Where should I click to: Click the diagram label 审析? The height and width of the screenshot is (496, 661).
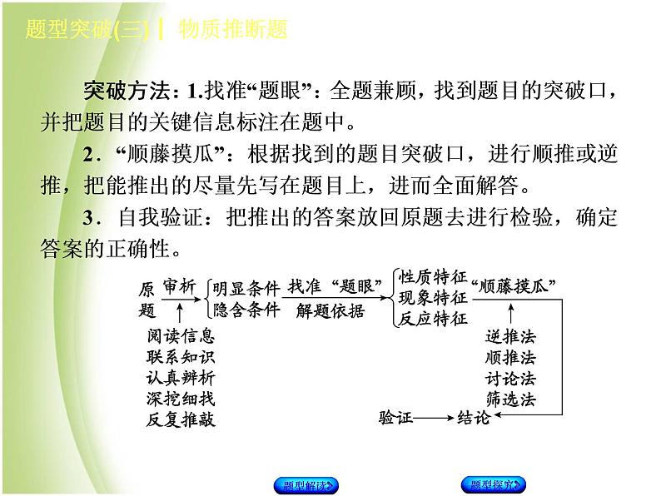click(180, 287)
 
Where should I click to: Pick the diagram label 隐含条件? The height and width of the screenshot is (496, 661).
click(246, 310)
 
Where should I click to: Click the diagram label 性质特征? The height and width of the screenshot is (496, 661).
click(433, 278)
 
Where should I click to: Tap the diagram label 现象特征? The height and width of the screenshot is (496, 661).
click(433, 298)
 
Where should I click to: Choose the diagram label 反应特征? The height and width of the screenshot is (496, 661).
click(433, 318)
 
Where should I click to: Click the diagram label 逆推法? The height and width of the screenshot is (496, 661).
click(510, 337)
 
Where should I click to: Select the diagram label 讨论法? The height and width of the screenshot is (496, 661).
click(510, 378)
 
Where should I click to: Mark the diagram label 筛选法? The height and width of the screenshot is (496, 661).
click(510, 399)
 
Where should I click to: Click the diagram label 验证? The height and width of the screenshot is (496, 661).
click(395, 419)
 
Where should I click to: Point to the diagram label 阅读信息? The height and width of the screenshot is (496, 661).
click(180, 337)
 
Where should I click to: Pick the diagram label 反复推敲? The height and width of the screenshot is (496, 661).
click(180, 419)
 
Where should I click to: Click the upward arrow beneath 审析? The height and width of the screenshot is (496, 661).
click(180, 312)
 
